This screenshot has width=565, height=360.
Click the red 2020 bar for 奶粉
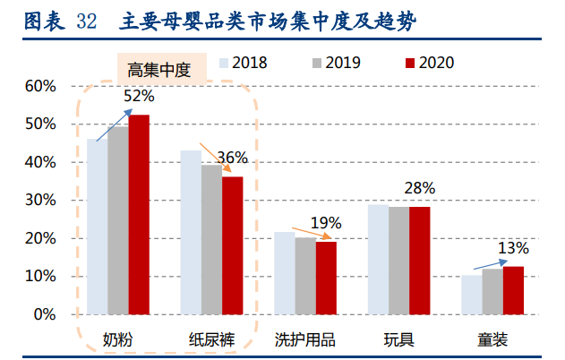pos(139,215)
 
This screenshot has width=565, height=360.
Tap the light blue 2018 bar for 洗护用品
pos(284,273)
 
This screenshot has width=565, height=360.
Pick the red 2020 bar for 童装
pos(513,290)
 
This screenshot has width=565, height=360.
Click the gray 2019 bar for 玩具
pos(398,261)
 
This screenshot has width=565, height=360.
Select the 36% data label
pos(232,159)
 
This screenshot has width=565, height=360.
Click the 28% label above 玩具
pos(419,188)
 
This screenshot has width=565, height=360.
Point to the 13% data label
pos(513,248)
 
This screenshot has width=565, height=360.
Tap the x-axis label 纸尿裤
pos(211,340)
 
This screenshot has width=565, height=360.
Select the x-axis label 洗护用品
pos(304,340)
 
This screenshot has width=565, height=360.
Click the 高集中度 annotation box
pos(158,69)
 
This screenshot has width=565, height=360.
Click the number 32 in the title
pos(86,21)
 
